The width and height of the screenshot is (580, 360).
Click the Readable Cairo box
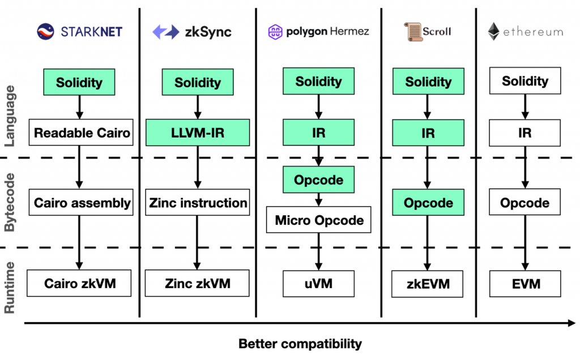[81, 132]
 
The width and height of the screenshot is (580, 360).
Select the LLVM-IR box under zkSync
[198, 132]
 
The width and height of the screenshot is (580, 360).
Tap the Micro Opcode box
[318, 220]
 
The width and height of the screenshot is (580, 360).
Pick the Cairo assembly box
[81, 203]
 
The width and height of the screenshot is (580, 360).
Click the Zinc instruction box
[198, 203]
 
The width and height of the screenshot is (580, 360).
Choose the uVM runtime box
[318, 284]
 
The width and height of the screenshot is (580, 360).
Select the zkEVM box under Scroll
[427, 284]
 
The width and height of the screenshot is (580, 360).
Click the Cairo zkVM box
[79, 283]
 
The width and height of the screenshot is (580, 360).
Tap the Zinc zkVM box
[197, 283]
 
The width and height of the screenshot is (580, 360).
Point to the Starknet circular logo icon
[45, 32]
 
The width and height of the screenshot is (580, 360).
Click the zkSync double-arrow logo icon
[166, 32]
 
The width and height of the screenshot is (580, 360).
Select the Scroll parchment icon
[413, 32]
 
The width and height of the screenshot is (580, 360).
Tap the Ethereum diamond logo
[493, 32]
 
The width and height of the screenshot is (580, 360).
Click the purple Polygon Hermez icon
[275, 32]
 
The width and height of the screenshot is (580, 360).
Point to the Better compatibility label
[300, 344]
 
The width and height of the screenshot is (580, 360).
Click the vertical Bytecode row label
[10, 202]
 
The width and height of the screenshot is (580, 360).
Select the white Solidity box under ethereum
[525, 80]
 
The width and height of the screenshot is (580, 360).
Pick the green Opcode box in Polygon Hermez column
[318, 179]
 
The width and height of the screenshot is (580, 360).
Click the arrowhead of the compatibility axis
[572, 323]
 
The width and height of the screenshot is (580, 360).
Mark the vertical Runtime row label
[10, 288]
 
